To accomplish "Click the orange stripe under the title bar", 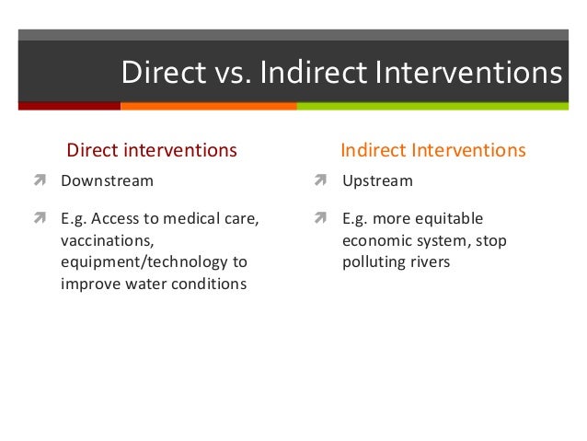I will point(208,106).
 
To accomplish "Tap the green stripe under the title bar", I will point(441,106).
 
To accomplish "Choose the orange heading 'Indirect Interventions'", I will point(433,149).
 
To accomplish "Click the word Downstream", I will point(107,180).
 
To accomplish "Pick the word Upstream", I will point(377,180).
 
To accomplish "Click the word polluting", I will point(373,261).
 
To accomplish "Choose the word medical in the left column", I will point(196,219).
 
